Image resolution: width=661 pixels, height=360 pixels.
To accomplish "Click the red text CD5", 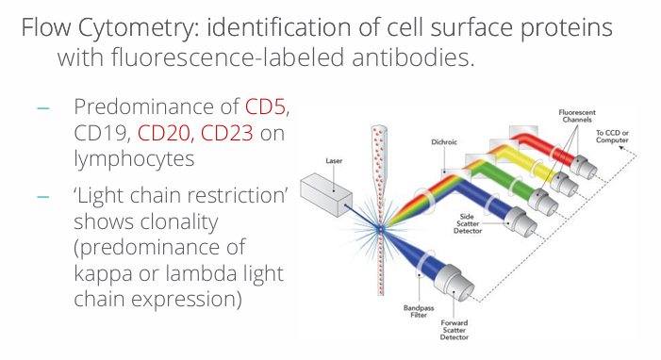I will click(x=266, y=106).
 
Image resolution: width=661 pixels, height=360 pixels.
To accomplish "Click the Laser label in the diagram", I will click(x=334, y=161).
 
